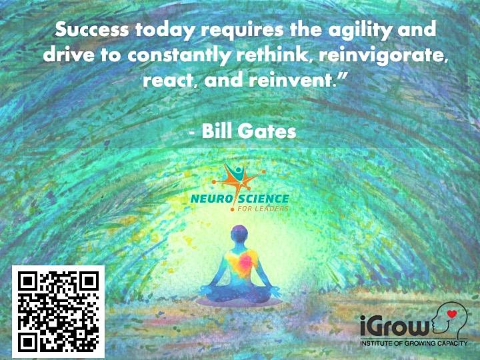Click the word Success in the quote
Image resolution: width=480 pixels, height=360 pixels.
click(92, 30)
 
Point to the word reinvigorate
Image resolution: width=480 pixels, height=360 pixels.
click(382, 56)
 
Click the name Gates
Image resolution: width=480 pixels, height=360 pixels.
click(267, 131)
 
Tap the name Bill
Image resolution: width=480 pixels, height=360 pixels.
click(217, 131)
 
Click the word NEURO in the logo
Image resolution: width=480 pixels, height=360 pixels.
click(211, 199)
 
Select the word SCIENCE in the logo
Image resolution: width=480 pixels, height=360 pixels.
click(264, 199)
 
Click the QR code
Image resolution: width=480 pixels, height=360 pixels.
click(58, 311)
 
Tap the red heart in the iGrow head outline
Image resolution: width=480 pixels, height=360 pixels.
click(452, 313)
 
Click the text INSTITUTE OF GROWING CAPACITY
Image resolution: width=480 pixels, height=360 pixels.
click(414, 343)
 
